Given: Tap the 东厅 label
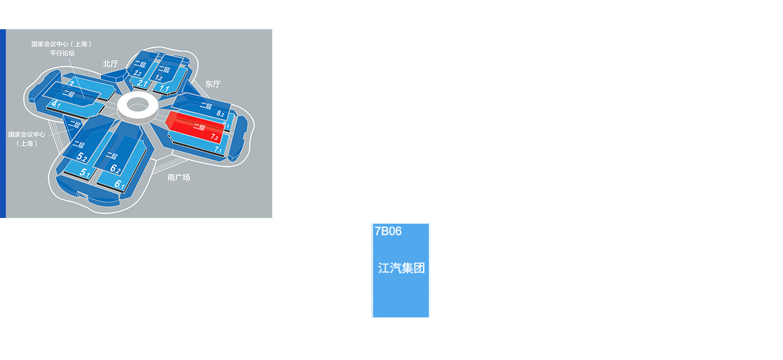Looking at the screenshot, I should tap(213, 84).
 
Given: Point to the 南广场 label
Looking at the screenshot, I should tap(179, 176).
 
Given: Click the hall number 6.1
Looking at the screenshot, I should tap(119, 185).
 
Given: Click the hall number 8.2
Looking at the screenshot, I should tap(220, 114).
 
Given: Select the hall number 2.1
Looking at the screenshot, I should tap(142, 84).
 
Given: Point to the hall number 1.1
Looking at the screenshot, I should tap(165, 89).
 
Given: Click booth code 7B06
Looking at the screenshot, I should tap(388, 231).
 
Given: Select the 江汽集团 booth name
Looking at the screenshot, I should tap(401, 269).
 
